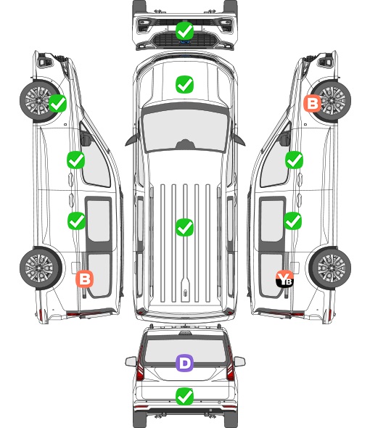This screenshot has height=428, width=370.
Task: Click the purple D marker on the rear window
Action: click(x=184, y=363)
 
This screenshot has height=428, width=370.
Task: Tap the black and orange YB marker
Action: click(x=284, y=279)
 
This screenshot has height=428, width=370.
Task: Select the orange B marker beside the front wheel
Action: click(x=313, y=104)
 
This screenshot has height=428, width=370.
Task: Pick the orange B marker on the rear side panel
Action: click(x=85, y=279)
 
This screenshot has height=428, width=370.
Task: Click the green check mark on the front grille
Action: click(x=184, y=30)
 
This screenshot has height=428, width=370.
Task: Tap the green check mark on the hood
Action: click(x=184, y=84)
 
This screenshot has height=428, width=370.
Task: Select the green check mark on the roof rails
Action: click(x=184, y=227)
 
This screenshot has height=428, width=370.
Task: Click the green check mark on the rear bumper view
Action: click(x=184, y=397)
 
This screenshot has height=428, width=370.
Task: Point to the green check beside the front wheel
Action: click(x=57, y=103)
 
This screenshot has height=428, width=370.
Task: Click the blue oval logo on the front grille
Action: click(x=185, y=42)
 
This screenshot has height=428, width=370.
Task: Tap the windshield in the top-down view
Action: click(x=185, y=131)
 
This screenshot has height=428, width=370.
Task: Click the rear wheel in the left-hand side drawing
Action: click(x=40, y=268)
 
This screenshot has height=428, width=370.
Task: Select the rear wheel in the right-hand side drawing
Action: click(x=330, y=268)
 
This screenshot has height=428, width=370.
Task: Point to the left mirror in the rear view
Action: click(x=131, y=362)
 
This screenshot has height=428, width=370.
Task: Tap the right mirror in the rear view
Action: click(x=239, y=362)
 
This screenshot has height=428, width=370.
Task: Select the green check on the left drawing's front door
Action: click(x=76, y=160)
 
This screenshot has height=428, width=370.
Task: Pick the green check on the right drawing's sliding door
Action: click(x=292, y=221)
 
